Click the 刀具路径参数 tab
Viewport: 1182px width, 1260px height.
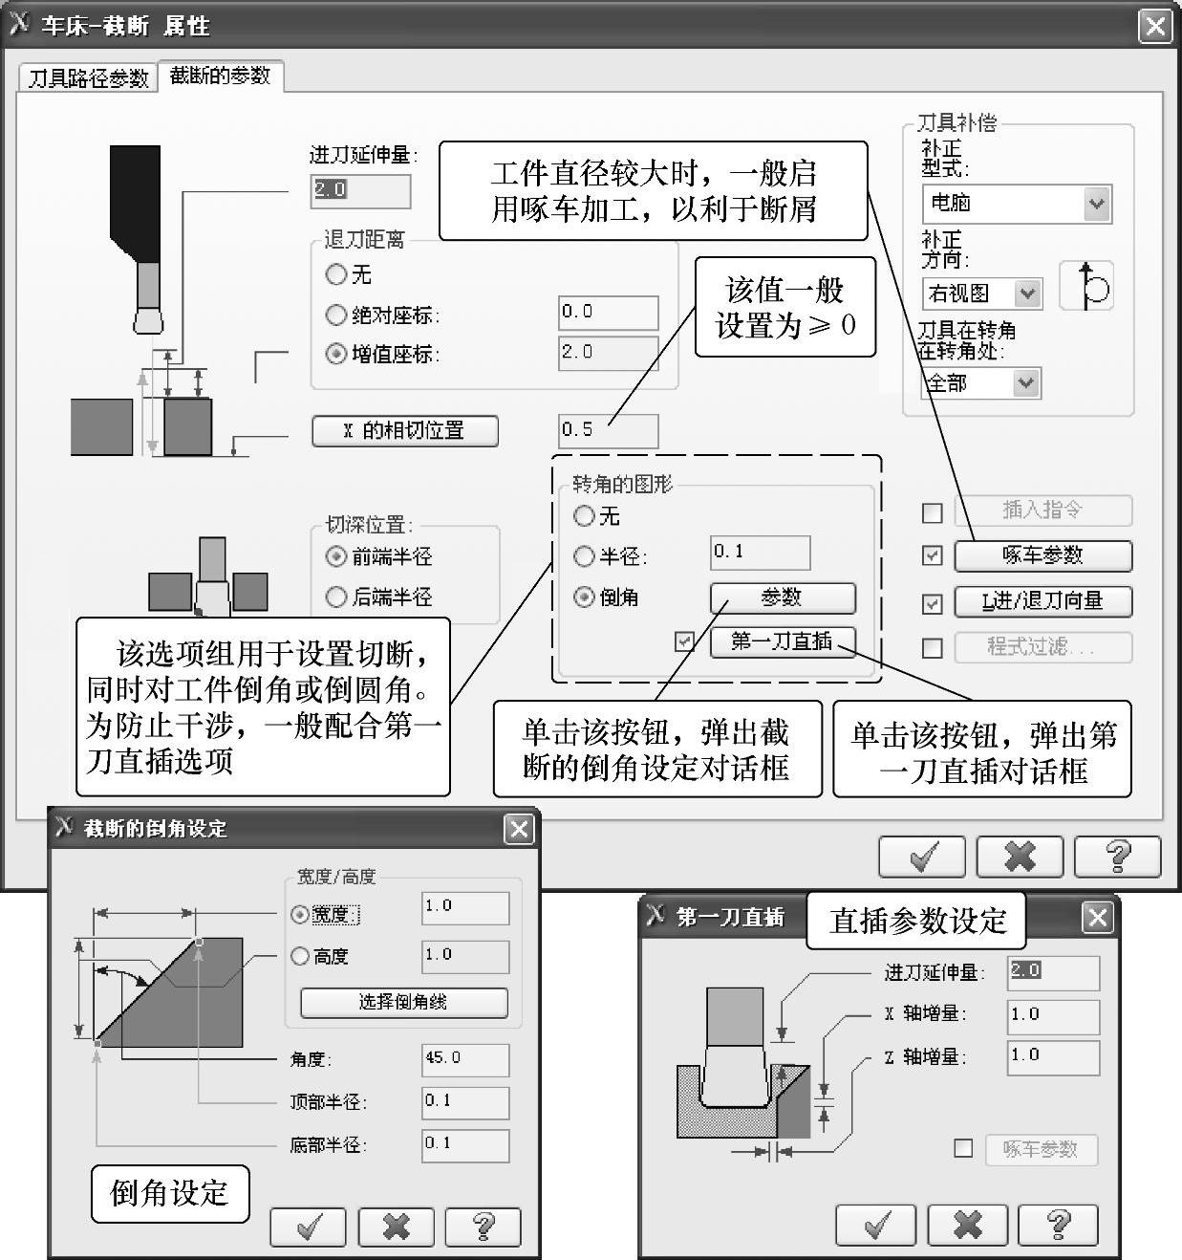88,78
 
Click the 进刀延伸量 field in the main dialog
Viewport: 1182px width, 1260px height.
360,191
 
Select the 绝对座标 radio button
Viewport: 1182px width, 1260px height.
335,315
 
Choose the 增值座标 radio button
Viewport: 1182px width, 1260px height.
335,354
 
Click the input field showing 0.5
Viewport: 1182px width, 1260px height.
608,431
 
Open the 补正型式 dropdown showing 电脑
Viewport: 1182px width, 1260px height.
1017,204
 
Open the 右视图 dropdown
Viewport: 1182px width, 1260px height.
982,293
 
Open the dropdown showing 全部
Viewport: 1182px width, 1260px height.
981,383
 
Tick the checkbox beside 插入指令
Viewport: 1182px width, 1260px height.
932,512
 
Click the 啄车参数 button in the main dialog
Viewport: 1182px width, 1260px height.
1043,555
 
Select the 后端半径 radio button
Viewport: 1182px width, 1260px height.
335,597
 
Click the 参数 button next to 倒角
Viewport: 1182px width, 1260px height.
783,597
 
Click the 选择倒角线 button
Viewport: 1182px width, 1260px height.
403,1003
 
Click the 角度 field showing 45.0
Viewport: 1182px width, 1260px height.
465,1059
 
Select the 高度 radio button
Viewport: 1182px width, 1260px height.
299,955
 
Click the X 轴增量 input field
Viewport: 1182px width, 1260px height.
1053,1017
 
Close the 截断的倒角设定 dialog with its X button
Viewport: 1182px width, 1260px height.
519,829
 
